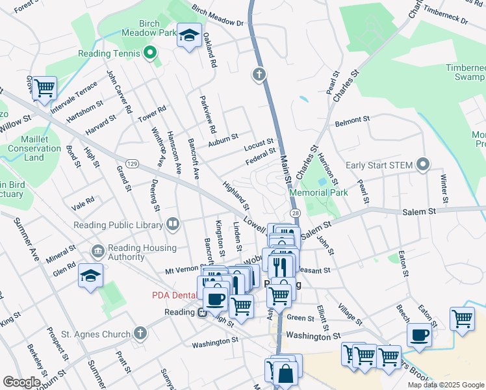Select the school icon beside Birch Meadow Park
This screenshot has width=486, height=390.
pos(190,36)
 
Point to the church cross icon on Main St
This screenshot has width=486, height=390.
pos(259,75)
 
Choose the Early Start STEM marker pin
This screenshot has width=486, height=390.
pos(424,165)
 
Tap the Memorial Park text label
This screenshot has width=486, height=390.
pos(319,193)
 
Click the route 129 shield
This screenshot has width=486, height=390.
pos(132,162)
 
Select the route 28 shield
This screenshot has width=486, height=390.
pos(295,214)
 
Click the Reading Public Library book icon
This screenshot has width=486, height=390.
pos(173,225)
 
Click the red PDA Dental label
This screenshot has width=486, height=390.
pos(174,295)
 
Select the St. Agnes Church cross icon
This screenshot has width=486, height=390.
pos(140,334)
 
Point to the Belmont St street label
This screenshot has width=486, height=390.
pos(352,121)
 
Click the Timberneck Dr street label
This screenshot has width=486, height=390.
pos(445,16)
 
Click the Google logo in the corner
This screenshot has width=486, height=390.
pos(21,382)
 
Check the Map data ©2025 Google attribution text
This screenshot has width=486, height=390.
pos(446,385)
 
